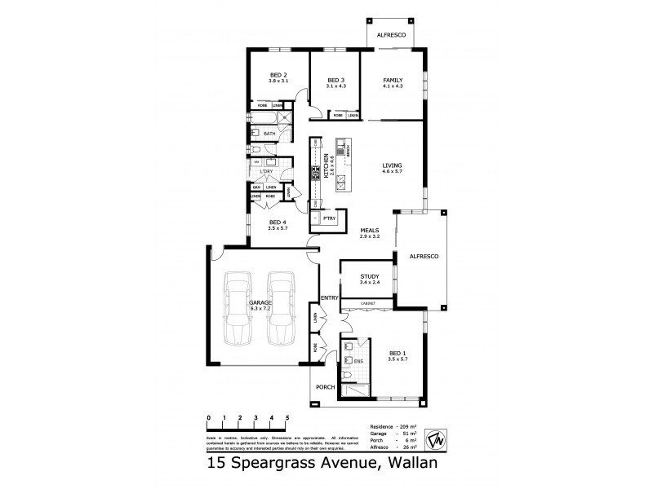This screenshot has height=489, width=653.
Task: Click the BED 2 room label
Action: pos(279,77)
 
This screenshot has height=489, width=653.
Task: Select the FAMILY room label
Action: pos(393,80)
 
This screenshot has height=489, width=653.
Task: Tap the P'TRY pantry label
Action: pos(329,218)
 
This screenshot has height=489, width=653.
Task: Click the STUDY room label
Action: pos(369,277)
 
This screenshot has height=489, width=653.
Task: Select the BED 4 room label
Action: pos(278,222)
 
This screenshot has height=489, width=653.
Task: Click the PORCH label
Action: pos(324,388)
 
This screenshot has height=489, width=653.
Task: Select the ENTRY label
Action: pos(329,297)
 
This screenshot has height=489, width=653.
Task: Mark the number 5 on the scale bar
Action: pos(287,416)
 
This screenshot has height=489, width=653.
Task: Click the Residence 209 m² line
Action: pos(393,427)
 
